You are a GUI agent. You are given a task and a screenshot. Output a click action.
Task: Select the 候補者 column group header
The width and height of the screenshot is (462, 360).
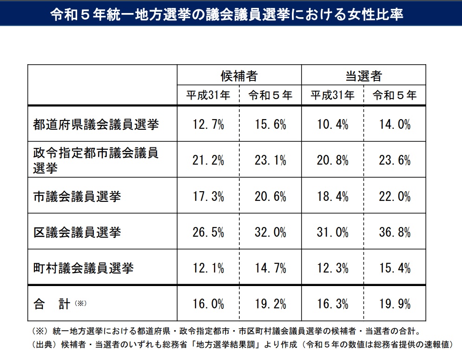(239, 76)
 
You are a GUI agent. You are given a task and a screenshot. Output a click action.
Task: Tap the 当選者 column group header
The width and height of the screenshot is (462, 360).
(363, 76)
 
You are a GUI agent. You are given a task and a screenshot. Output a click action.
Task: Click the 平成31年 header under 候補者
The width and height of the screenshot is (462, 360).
(208, 95)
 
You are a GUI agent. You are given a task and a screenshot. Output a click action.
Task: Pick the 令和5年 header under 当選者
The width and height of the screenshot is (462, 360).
(395, 95)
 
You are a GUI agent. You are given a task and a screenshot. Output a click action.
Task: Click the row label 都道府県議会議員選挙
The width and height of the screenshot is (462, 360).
(96, 124)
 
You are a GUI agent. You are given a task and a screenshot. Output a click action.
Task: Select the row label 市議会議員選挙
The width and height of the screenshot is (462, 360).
(77, 196)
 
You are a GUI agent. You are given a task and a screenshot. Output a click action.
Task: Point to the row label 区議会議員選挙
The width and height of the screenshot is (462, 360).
(77, 232)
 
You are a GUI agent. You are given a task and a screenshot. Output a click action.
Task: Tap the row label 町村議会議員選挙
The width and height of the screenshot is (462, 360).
(84, 268)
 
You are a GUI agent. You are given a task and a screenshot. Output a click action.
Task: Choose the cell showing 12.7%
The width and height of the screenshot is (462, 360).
(208, 124)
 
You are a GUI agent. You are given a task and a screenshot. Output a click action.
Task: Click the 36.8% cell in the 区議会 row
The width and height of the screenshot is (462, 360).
(395, 232)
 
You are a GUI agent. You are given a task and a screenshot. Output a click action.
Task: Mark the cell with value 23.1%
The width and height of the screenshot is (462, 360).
(271, 160)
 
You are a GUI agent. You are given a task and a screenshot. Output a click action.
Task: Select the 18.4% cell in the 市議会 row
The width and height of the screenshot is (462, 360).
(333, 196)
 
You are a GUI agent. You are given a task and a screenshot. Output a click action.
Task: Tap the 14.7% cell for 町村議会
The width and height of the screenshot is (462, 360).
(271, 268)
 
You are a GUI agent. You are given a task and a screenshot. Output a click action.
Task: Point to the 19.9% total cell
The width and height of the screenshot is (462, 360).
(395, 304)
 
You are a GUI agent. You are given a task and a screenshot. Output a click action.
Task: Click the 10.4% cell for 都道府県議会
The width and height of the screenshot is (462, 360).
(333, 124)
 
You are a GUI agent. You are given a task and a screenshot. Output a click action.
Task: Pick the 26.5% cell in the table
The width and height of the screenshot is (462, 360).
(208, 232)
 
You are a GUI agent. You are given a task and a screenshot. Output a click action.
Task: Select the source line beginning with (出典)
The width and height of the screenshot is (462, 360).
(242, 345)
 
